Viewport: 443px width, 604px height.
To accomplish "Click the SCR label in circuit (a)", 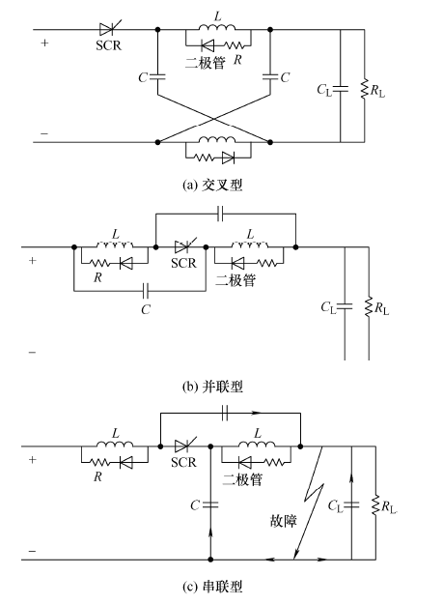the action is pos(108,45).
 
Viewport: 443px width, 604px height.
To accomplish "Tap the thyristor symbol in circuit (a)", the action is pos(110,28).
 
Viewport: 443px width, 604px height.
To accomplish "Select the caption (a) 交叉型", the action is pos(212,186).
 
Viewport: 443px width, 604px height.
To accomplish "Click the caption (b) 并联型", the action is pos(212,387).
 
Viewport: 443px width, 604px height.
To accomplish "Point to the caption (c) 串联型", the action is pos(212,587).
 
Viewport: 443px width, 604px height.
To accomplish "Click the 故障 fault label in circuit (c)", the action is pos(284,521).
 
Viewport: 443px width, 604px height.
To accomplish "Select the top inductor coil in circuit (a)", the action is pos(217,27).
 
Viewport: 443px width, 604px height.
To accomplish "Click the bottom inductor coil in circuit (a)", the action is pos(217,139).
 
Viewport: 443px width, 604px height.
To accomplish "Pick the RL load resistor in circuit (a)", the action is pos(364,89).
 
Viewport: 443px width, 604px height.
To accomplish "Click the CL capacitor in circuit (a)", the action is pos(341,89).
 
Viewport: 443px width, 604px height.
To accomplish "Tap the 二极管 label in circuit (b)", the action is pos(235,280).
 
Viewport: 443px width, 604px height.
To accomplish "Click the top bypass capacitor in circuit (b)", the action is pos(220,214).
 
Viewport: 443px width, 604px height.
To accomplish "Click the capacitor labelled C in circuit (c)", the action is pos(210,504).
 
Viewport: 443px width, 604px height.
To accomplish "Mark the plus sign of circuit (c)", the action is pos(32,460).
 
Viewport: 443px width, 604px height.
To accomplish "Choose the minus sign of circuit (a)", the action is pos(44,133).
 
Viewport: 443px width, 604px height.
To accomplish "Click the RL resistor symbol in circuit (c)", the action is pos(375,505).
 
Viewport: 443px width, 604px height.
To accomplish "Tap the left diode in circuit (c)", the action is pos(126,463).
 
